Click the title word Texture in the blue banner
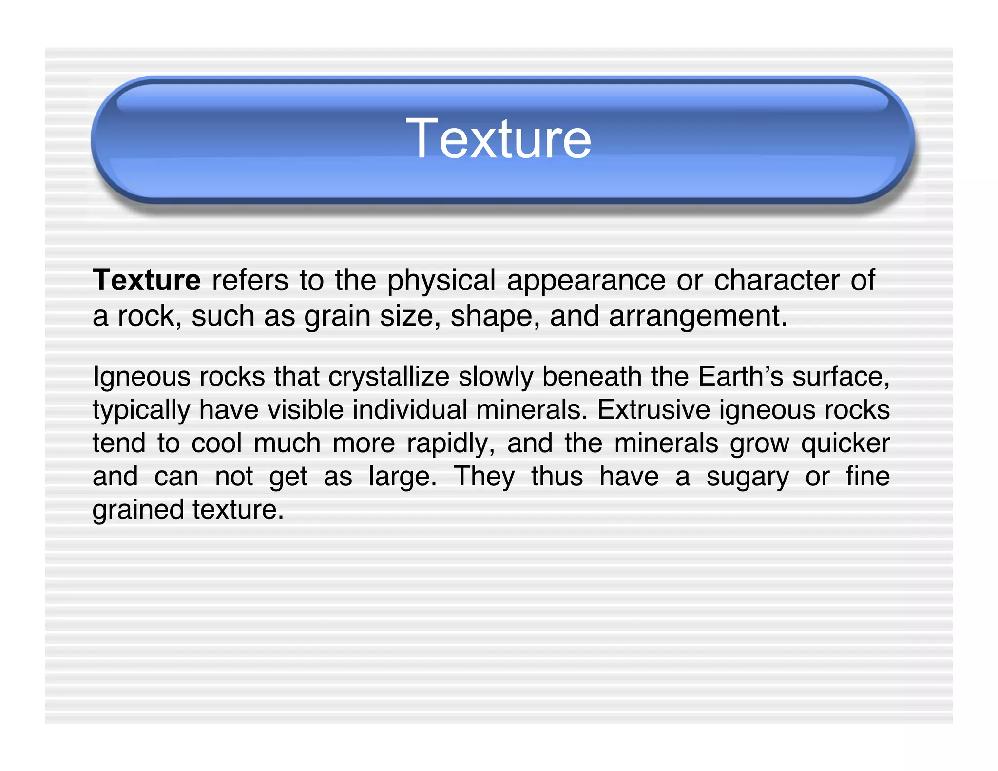click(x=499, y=139)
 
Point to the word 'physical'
click(x=441, y=281)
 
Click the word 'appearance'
click(x=586, y=281)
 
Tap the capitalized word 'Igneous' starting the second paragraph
click(x=141, y=377)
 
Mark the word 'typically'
click(x=141, y=410)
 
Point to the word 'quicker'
click(x=845, y=444)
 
